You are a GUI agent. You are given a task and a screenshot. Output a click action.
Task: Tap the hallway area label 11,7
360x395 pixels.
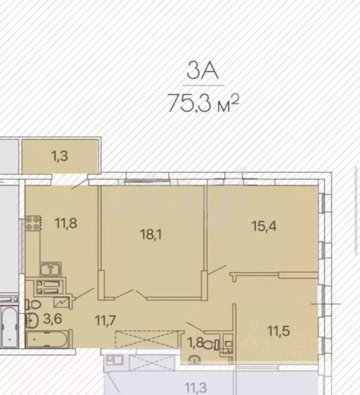pyautogui.click(x=105, y=320)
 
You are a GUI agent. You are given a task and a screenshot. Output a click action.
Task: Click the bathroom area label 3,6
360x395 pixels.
pyautogui.click(x=50, y=319)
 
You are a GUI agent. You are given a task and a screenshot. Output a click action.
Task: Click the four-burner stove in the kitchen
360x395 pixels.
pyautogui.click(x=33, y=224)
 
